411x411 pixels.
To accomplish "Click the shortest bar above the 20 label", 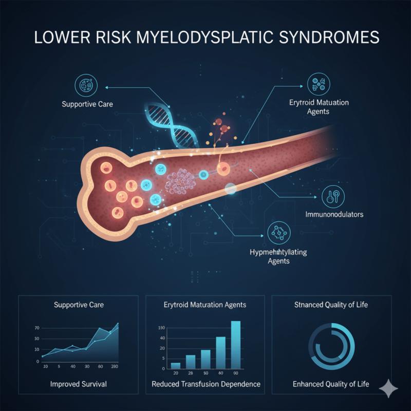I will point(175,365).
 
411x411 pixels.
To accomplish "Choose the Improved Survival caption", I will point(79,384).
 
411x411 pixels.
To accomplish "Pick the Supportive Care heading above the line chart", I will point(79,305).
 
